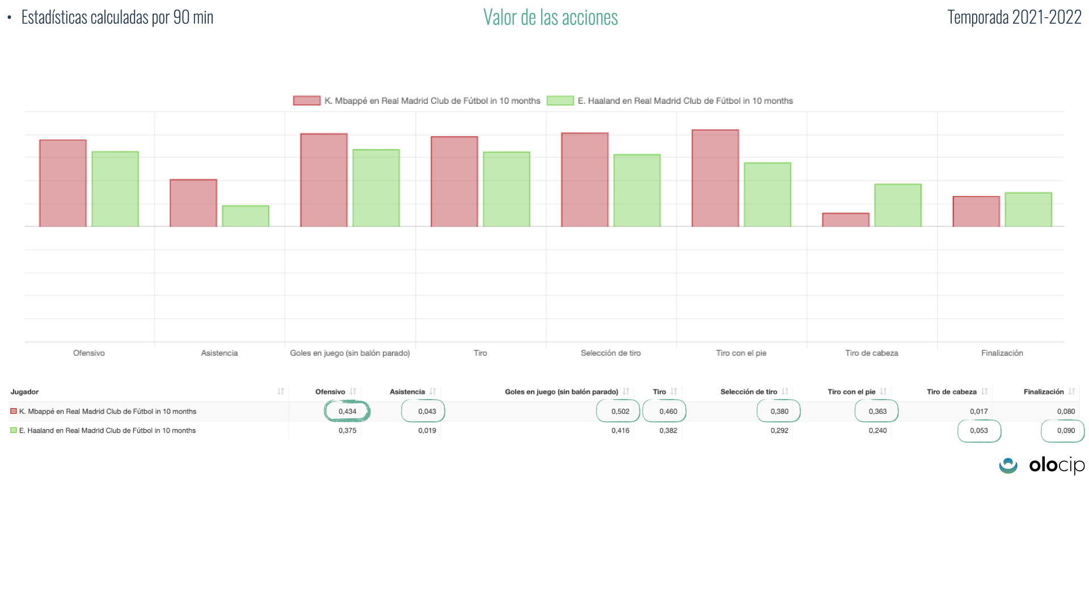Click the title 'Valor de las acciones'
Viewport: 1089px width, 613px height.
point(550,18)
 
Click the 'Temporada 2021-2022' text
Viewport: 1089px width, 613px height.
point(1014,18)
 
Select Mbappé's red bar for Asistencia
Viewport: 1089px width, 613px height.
point(193,203)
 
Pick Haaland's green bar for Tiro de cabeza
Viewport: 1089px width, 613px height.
point(898,205)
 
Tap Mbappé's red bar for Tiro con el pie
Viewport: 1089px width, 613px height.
point(715,178)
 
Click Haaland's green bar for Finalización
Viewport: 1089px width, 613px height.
point(1028,210)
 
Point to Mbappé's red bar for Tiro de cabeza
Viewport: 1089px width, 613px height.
point(846,220)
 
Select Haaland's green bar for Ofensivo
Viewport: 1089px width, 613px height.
point(115,189)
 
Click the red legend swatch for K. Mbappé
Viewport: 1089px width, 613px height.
point(306,101)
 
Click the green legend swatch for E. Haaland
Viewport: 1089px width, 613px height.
point(560,101)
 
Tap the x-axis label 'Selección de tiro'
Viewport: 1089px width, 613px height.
point(610,353)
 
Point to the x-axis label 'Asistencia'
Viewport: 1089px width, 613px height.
point(219,353)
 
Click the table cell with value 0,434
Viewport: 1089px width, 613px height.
point(347,412)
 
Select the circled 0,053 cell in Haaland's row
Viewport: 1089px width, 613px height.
point(979,431)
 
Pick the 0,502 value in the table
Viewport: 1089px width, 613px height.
point(620,412)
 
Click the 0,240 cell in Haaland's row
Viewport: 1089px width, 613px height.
point(877,431)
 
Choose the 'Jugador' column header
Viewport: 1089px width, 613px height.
point(25,392)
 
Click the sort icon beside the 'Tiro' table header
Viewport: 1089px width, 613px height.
point(674,392)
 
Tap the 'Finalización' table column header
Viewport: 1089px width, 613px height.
point(1043,392)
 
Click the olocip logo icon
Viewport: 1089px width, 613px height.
point(1008,466)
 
